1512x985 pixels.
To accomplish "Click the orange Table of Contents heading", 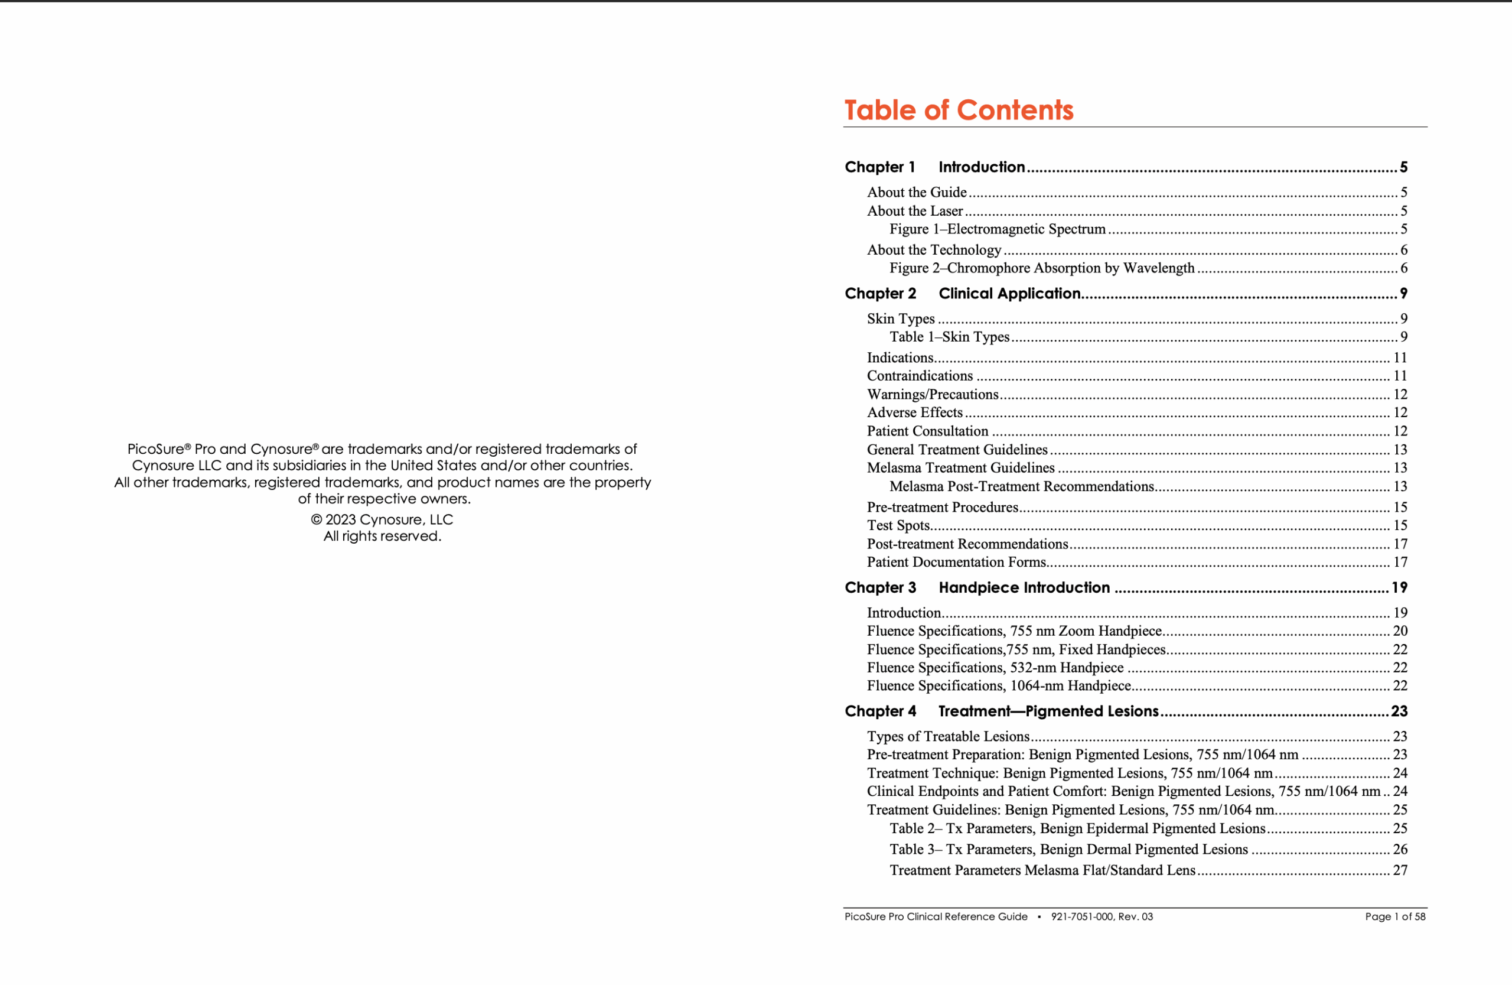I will (958, 110).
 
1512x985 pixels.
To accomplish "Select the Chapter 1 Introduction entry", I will (981, 167).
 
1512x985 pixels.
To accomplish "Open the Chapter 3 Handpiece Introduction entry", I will (1024, 588).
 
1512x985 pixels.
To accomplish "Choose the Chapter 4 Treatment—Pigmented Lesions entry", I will (1048, 711).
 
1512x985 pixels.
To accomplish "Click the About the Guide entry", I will (917, 193).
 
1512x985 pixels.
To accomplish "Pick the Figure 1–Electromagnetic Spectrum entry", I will (997, 229).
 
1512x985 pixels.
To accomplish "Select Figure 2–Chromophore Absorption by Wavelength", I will (1041, 268).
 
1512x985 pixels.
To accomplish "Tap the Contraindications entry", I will (919, 376).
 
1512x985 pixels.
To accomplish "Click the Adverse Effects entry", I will (915, 413).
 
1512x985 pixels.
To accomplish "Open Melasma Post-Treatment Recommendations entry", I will (1021, 487).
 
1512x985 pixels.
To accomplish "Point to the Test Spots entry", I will (898, 525).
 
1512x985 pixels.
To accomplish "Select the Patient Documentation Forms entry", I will (956, 563).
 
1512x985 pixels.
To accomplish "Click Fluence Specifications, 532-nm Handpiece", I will (995, 668).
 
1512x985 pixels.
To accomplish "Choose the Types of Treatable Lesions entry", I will (948, 736).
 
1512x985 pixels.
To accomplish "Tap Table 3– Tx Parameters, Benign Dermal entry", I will (1068, 850).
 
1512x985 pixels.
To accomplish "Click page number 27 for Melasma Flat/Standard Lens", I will (1400, 870).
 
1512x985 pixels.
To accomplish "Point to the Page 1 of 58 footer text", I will (1395, 917).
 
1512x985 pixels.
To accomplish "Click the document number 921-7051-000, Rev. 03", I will (1102, 917).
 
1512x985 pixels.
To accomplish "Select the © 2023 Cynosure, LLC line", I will (382, 520).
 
